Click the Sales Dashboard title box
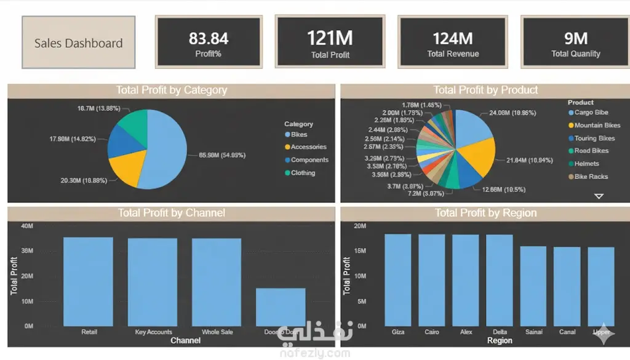(x=78, y=43)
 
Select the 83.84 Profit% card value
(x=209, y=38)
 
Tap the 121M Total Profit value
(x=330, y=38)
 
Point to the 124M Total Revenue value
(x=453, y=38)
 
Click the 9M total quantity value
(x=576, y=38)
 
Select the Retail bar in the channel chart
(x=88, y=282)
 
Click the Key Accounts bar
(x=153, y=282)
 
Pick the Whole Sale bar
(x=217, y=282)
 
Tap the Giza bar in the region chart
(x=398, y=280)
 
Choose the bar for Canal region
(x=567, y=287)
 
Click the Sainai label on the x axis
(x=534, y=332)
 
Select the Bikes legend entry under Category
(x=299, y=135)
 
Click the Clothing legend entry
(x=303, y=173)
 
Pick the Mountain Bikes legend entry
(x=597, y=126)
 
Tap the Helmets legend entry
(x=586, y=164)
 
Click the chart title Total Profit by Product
(x=485, y=90)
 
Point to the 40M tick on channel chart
(x=27, y=226)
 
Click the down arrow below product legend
(x=599, y=196)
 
